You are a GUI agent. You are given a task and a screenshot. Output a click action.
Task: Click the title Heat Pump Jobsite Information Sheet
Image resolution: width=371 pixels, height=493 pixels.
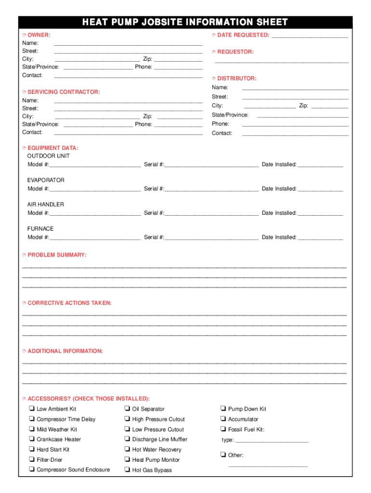pyautogui.click(x=185, y=22)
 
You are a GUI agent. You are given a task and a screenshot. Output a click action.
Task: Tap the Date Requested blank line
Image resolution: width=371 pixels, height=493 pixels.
pyautogui.click(x=310, y=36)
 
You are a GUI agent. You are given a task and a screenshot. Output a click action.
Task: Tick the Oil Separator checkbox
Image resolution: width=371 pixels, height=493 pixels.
pyautogui.click(x=127, y=409)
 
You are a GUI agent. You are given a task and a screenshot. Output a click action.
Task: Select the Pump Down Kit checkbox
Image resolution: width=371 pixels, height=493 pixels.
pyautogui.click(x=223, y=409)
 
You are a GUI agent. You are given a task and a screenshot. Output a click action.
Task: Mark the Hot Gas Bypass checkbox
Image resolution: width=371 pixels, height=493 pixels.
pyautogui.click(x=127, y=470)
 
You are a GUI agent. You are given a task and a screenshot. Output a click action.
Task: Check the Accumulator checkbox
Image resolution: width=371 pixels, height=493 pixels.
pyautogui.click(x=223, y=419)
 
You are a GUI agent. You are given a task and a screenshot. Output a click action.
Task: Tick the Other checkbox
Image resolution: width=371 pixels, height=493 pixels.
pyautogui.click(x=223, y=455)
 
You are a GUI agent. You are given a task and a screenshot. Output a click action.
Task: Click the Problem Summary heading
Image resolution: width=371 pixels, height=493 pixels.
pyautogui.click(x=57, y=255)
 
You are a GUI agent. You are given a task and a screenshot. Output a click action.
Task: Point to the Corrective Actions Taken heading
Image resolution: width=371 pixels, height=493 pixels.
pyautogui.click(x=69, y=303)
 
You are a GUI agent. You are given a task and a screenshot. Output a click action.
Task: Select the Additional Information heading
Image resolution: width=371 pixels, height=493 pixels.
pyautogui.click(x=65, y=351)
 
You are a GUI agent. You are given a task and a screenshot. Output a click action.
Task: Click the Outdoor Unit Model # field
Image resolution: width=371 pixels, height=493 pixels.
pyautogui.click(x=94, y=165)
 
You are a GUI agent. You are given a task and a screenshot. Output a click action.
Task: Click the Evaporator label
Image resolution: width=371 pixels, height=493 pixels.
pyautogui.click(x=46, y=180)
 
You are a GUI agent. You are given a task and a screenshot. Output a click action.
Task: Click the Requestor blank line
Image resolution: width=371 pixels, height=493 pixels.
pyautogui.click(x=281, y=61)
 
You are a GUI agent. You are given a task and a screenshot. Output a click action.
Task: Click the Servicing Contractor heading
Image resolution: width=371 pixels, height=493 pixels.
pyautogui.click(x=64, y=91)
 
